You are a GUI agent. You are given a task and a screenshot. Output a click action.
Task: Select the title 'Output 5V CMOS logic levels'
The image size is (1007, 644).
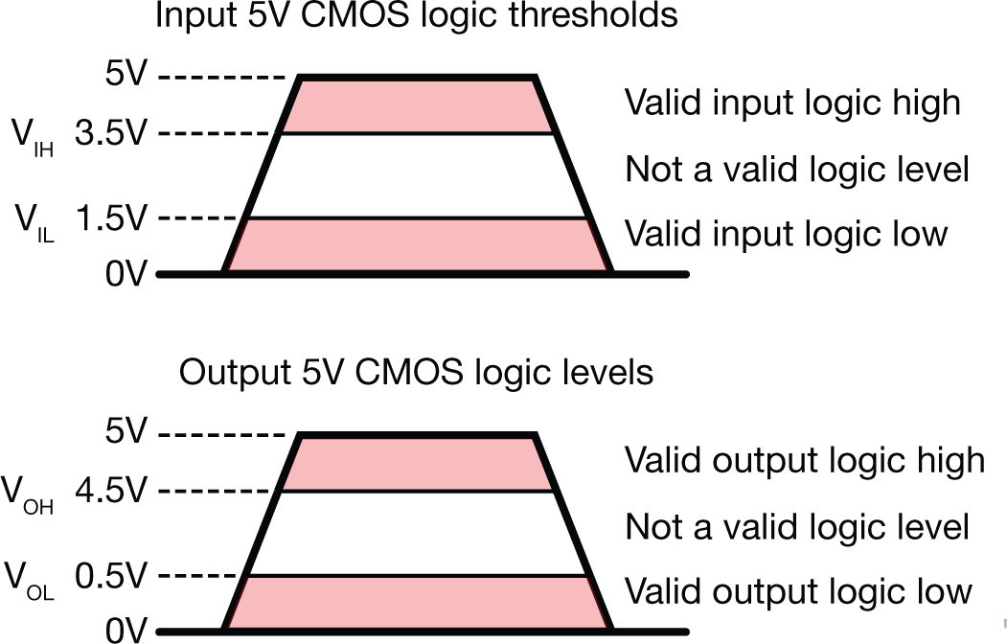point(416,372)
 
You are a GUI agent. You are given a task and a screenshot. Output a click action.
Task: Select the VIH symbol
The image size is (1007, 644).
point(33,139)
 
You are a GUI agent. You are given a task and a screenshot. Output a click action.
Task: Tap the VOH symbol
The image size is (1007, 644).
point(29,496)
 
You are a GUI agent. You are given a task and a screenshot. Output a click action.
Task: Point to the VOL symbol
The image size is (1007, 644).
point(29,581)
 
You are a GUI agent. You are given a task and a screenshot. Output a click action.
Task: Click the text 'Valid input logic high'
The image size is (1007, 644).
point(792,103)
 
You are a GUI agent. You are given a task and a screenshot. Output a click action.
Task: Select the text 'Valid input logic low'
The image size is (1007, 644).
point(786,233)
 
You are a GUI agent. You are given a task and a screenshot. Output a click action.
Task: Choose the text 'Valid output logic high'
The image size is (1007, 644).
point(805,461)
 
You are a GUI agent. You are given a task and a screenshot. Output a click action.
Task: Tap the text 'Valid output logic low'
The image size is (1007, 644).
point(798,591)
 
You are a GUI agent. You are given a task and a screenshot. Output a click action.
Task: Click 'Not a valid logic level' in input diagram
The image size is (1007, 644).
point(797,170)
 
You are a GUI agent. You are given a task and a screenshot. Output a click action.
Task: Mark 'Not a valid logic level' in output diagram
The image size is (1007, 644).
point(797,527)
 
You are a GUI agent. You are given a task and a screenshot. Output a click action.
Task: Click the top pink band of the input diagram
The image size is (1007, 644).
point(417,105)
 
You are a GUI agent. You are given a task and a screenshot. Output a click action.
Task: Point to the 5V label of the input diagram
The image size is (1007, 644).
point(125,74)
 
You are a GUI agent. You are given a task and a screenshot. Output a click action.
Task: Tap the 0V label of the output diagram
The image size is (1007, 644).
point(125,631)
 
